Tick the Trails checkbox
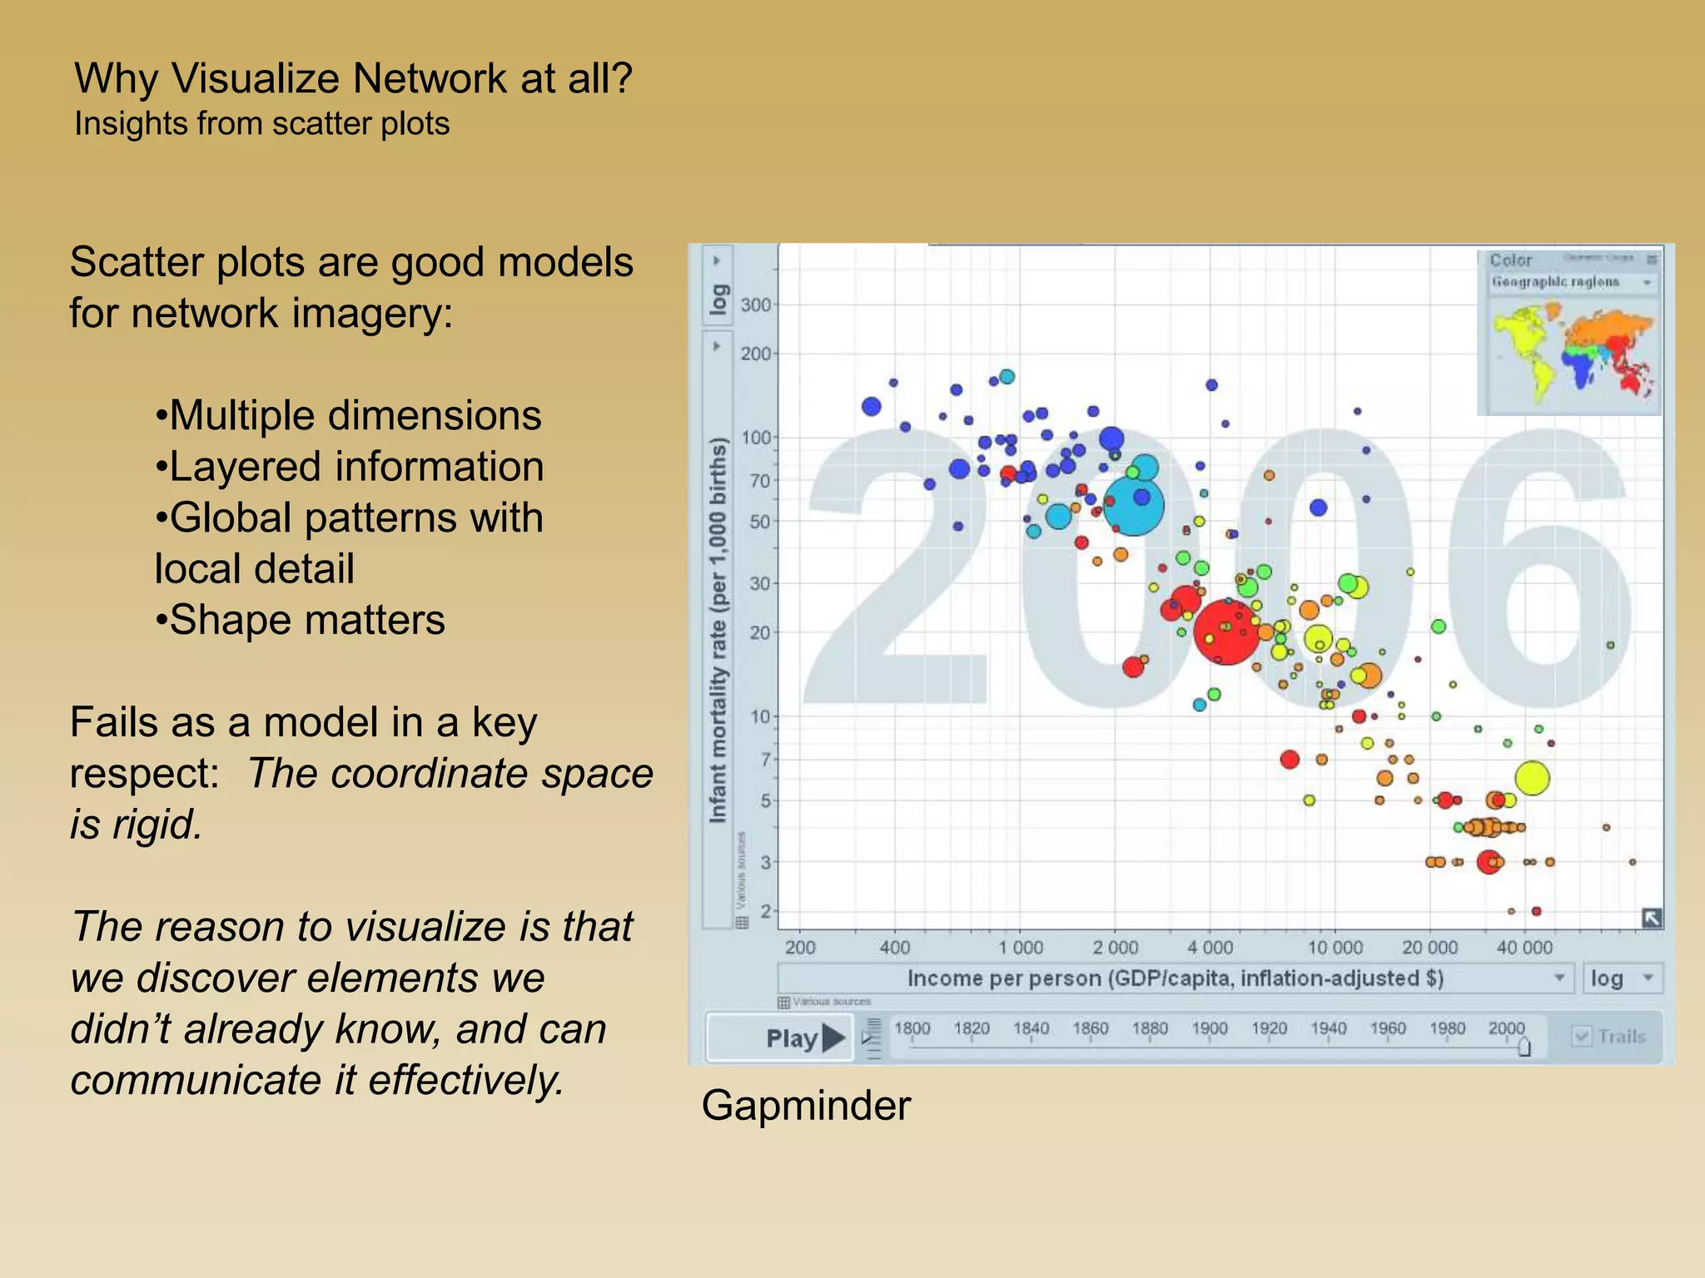(1581, 1036)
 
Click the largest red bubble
(1225, 632)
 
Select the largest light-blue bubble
(1133, 504)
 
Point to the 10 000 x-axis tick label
(1335, 948)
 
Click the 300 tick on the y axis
(755, 305)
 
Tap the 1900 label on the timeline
(1209, 1028)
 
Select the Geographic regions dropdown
(1570, 283)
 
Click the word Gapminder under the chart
(806, 1106)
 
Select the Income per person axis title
(1175, 978)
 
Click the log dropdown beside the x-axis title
(1620, 978)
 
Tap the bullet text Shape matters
(306, 620)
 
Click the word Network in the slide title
(429, 78)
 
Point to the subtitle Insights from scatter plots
(261, 124)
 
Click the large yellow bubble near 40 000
(1532, 778)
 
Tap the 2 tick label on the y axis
(765, 911)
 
